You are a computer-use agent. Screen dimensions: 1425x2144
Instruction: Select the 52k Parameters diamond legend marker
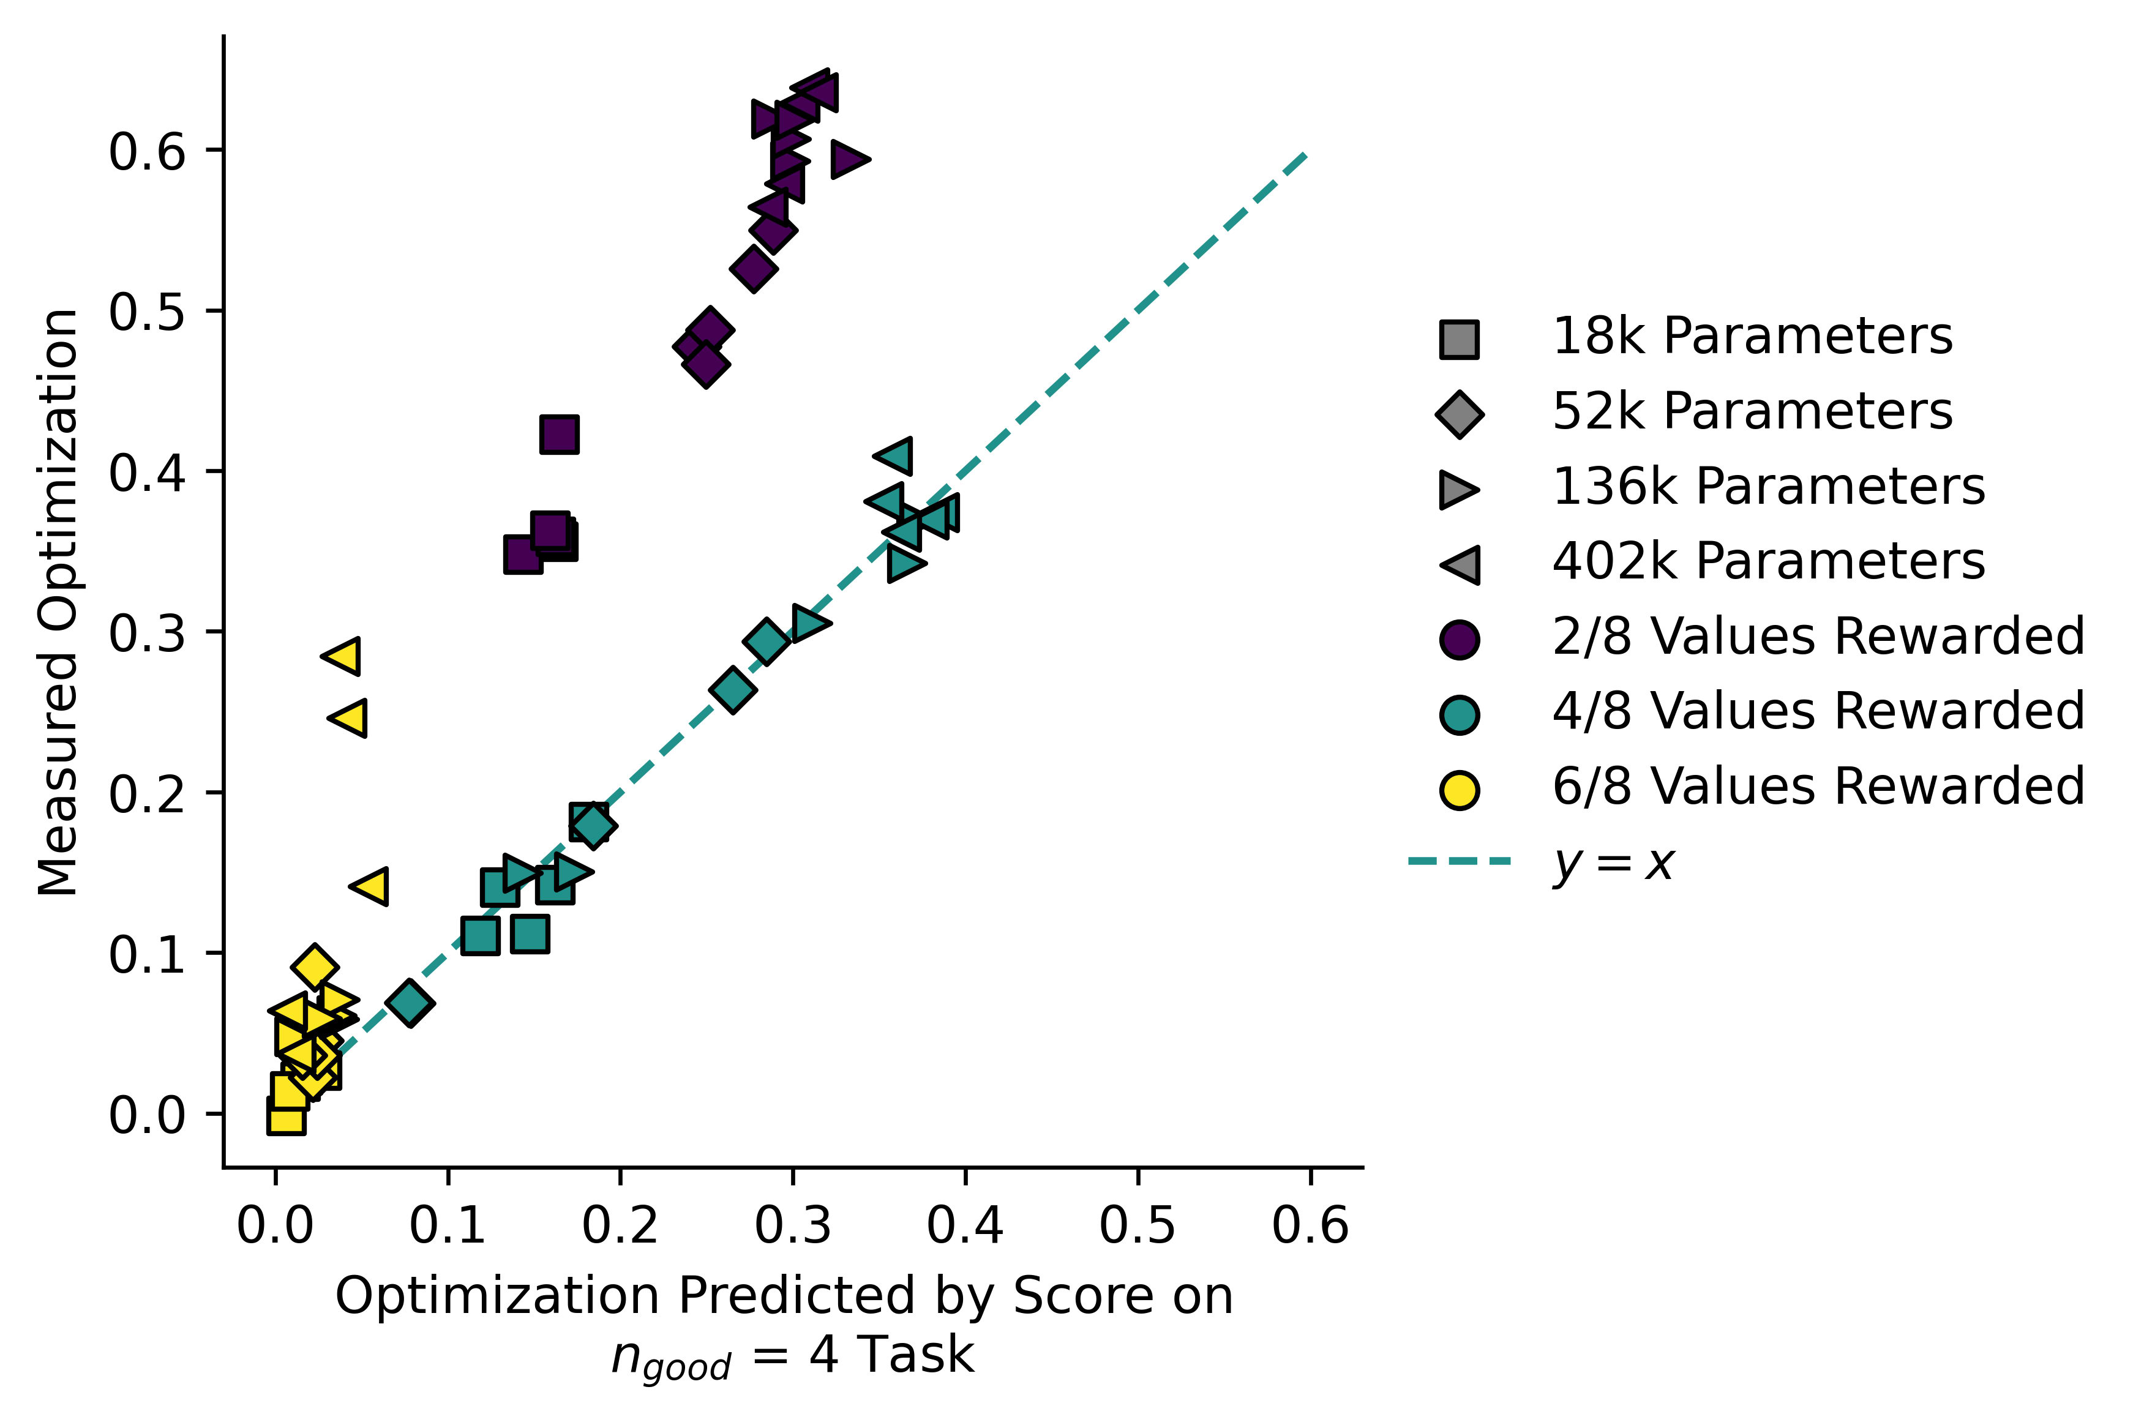coord(1459,414)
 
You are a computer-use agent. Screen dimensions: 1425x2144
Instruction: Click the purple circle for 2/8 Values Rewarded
coord(1459,639)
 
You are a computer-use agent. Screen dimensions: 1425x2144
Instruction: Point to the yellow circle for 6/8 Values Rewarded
coord(1459,789)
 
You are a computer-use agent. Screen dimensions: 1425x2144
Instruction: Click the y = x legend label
coord(1613,862)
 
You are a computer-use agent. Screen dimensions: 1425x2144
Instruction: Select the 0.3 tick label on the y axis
coord(147,634)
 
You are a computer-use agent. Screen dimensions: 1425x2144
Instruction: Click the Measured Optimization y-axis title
coord(58,602)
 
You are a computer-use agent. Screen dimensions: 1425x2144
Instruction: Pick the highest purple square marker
coord(559,435)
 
